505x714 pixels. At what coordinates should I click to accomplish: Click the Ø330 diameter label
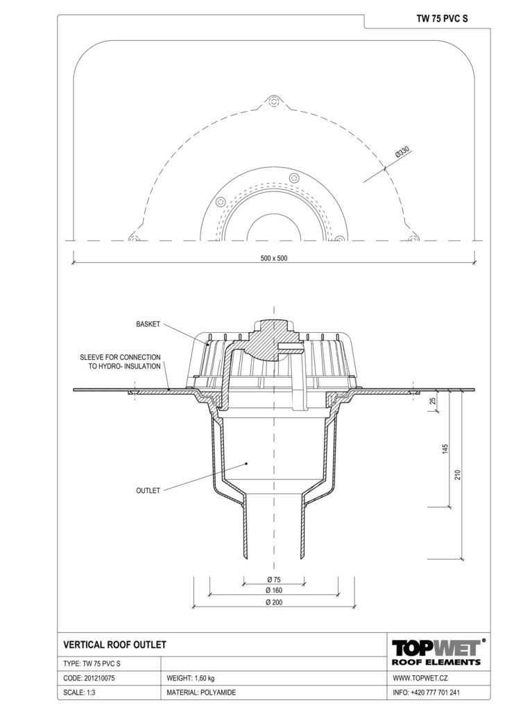coord(403,152)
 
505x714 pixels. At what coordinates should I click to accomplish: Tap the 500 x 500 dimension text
coord(274,258)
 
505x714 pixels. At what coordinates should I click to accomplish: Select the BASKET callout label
coord(148,324)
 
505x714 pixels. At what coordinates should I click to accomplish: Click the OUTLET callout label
coord(148,490)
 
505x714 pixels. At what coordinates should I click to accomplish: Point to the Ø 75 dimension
coord(274,580)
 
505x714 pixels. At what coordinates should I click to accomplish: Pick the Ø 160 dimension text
coord(274,590)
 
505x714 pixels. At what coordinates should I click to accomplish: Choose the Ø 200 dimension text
coord(274,602)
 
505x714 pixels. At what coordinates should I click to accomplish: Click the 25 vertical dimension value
coord(433,401)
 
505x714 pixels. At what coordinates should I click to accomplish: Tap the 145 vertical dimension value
coord(445,449)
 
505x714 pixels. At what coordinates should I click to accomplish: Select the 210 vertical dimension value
coord(458,474)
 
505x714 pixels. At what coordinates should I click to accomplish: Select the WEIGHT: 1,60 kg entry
coord(191,678)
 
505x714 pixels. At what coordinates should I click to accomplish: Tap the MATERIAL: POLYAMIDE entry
coord(201,693)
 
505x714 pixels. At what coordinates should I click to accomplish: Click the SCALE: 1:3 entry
coord(79,693)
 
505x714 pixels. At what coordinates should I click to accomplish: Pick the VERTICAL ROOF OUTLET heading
coord(115,645)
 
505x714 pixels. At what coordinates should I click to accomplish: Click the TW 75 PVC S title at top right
coord(442,19)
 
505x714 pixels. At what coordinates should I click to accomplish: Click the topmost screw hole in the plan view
coord(273,101)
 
